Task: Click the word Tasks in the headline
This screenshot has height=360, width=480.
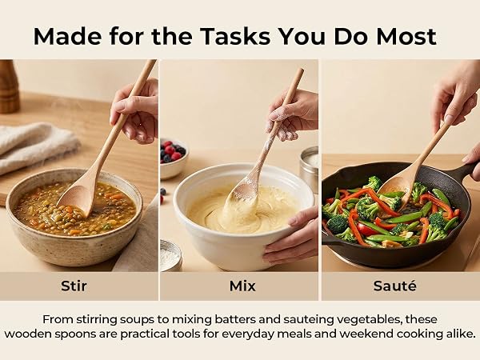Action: pyautogui.click(x=235, y=37)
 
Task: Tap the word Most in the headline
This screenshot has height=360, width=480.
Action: pyautogui.click(x=406, y=37)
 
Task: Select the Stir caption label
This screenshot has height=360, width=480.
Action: pyautogui.click(x=74, y=286)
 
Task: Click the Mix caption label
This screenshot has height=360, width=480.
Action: pyautogui.click(x=242, y=286)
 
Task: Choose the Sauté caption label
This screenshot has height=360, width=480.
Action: pyautogui.click(x=395, y=286)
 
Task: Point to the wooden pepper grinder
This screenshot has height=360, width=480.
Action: pyautogui.click(x=9, y=86)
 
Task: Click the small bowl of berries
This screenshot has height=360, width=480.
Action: pyautogui.click(x=174, y=159)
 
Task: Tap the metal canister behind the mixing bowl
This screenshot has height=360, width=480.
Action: pyautogui.click(x=309, y=167)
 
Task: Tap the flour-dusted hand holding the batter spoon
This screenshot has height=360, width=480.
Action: pyautogui.click(x=292, y=114)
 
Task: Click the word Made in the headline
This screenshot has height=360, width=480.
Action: pyautogui.click(x=67, y=37)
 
